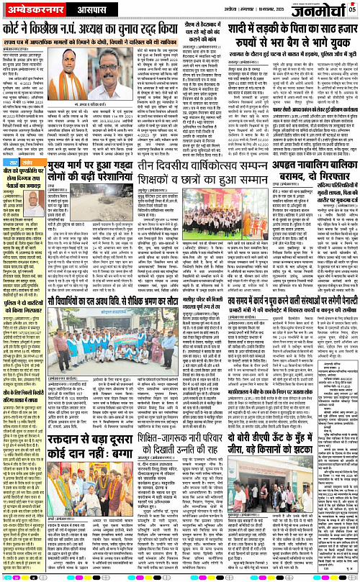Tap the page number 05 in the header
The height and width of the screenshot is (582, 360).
click(x=352, y=9)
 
